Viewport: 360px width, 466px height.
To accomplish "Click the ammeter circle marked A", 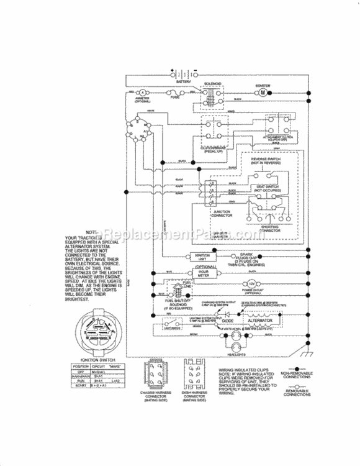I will (x=141, y=92).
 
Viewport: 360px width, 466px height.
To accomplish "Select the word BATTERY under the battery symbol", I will (x=183, y=81).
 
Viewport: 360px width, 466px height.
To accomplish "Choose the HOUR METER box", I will (x=204, y=272).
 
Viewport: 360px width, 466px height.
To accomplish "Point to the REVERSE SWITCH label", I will (x=266, y=160).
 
